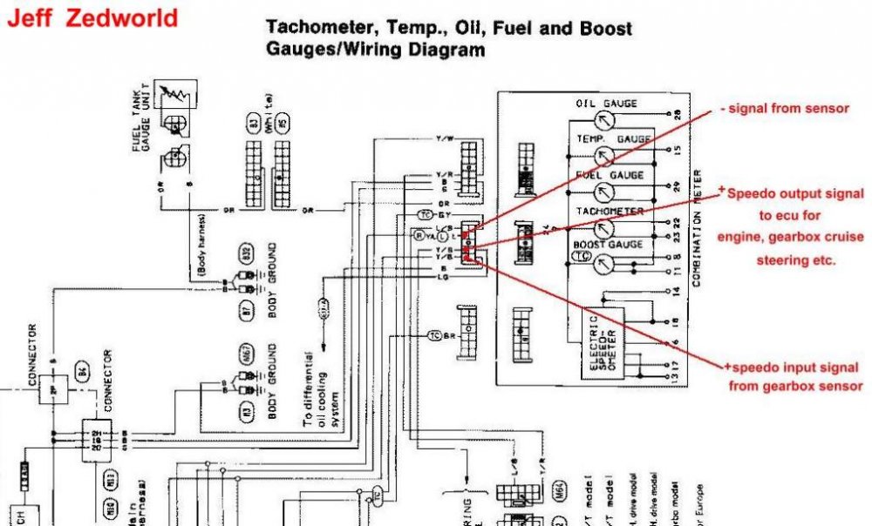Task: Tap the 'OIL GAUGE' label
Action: tap(606, 104)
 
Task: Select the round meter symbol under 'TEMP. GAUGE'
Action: tap(603, 155)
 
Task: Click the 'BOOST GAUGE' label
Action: tap(609, 246)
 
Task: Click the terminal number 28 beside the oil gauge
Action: tap(678, 114)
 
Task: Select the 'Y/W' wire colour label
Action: tap(444, 139)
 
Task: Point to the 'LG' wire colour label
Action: tap(444, 276)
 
